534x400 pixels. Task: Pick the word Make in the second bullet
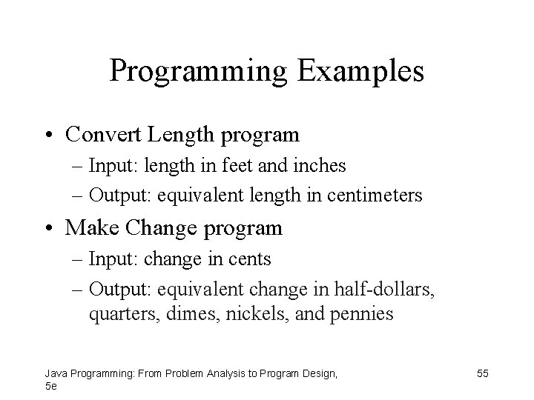[88, 227]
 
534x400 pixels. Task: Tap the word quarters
[119, 314]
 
